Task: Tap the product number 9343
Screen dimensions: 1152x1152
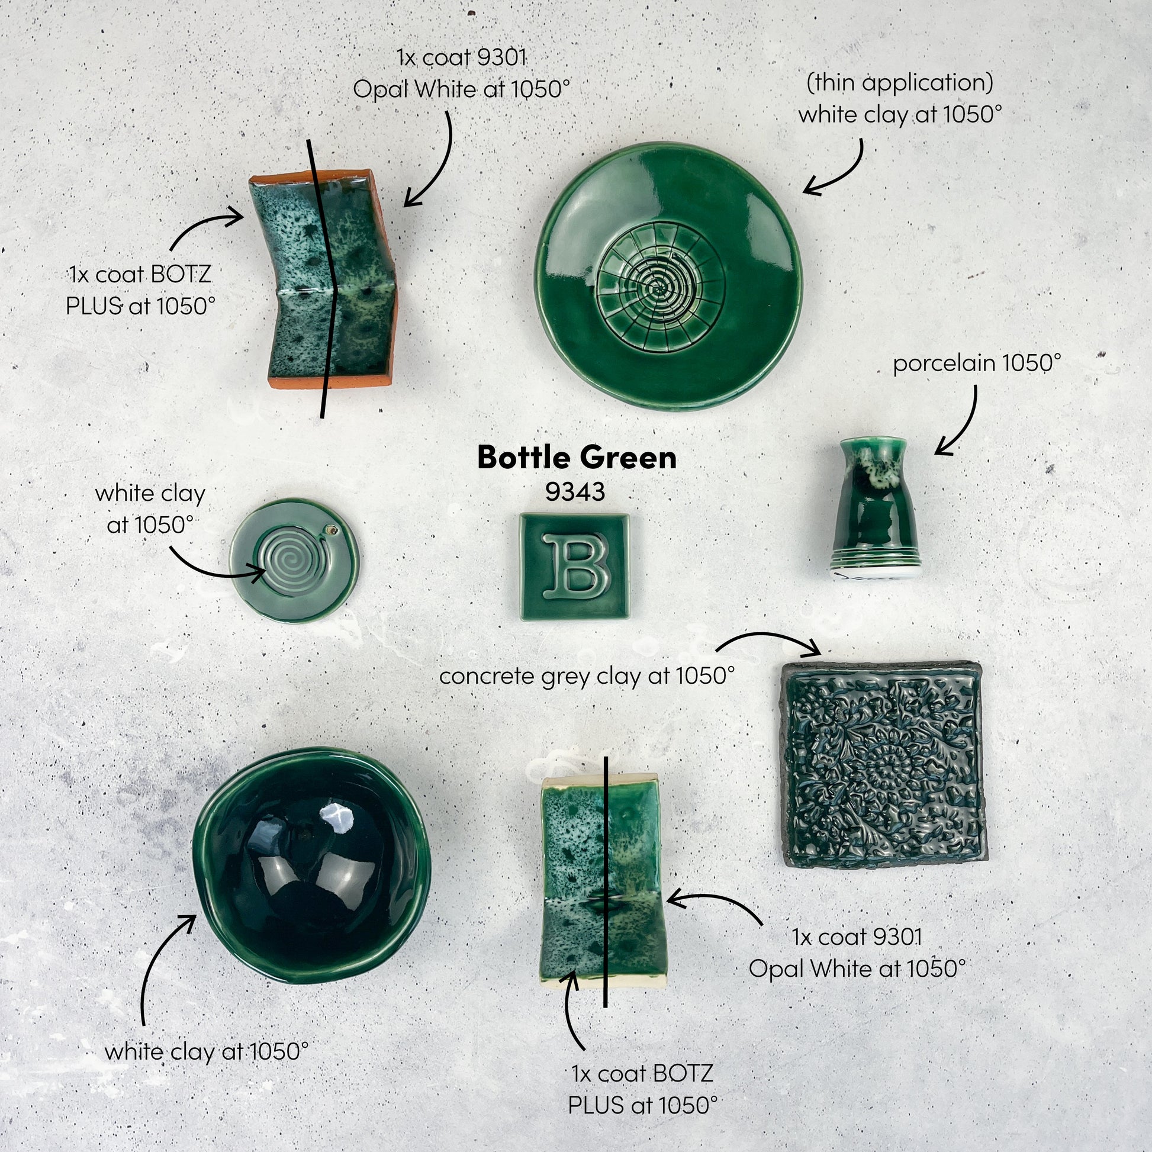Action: pyautogui.click(x=575, y=492)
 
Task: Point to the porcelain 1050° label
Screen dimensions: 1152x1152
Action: pyautogui.click(x=977, y=363)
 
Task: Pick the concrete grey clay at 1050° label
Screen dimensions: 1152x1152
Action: pyautogui.click(x=587, y=676)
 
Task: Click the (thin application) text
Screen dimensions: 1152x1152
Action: pyautogui.click(x=900, y=83)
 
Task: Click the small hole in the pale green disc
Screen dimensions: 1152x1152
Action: pyautogui.click(x=330, y=529)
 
